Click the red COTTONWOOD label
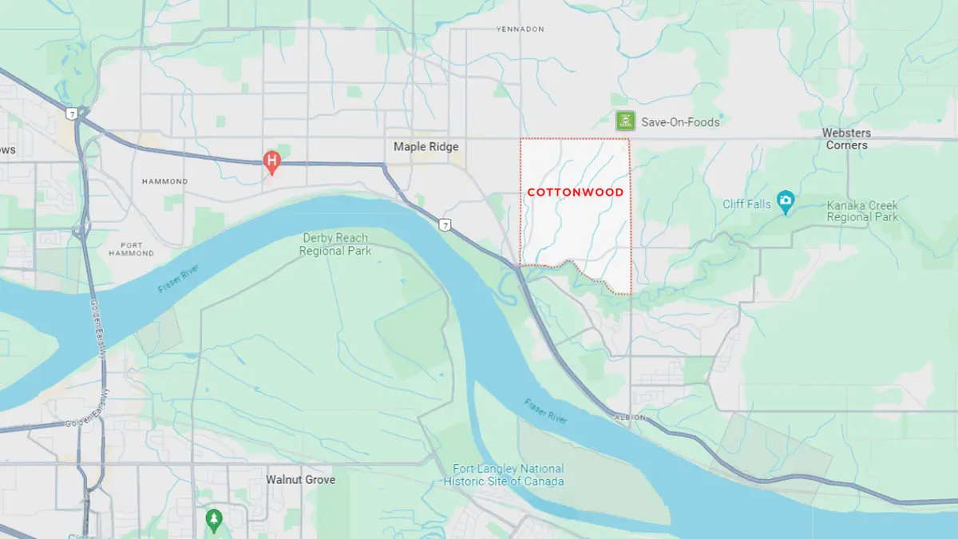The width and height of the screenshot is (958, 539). coord(575,192)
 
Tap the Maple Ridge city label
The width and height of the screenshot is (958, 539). coord(426,147)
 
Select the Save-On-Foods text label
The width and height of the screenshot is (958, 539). coord(680,122)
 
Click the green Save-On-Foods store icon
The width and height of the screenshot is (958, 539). coord(624,121)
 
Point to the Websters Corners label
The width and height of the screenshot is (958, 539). coord(846,139)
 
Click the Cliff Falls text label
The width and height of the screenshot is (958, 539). coord(747,204)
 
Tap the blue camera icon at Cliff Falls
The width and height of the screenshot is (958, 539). coord(786,204)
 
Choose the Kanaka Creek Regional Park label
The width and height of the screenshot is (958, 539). coord(862,212)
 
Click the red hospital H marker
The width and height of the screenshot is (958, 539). coord(272,162)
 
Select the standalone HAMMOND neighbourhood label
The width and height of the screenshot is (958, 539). coord(164,181)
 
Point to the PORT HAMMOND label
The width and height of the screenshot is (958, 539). coord(132,249)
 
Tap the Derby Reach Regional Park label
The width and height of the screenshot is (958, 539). coord(335,244)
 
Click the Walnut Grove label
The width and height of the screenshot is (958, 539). coord(300,480)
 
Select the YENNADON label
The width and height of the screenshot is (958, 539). coord(520,29)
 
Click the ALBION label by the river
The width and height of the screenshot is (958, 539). coord(627,418)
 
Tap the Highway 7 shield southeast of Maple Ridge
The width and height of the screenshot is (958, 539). coord(446,226)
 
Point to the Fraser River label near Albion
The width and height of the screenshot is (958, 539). coord(548,410)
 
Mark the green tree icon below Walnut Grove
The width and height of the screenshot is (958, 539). coord(213,519)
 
